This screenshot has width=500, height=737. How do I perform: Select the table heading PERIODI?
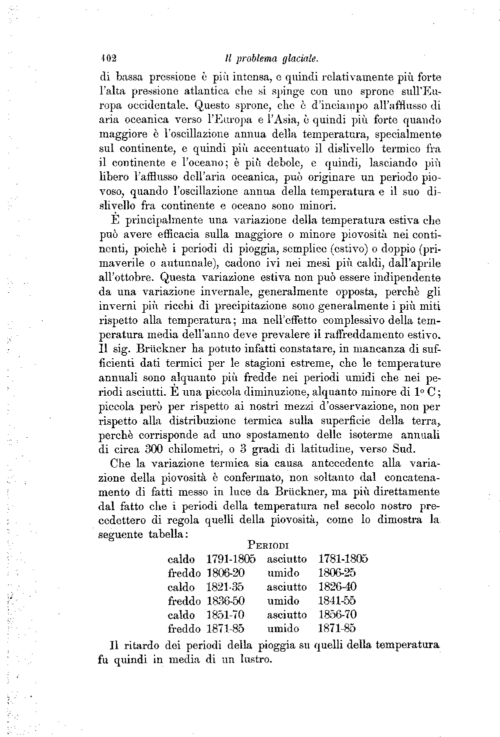(269, 545)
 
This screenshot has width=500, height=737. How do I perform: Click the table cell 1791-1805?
(231, 559)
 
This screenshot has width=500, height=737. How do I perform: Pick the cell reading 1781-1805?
(343, 559)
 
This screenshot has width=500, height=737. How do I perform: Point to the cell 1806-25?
(336, 573)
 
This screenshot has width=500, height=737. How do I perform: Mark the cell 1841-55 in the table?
(337, 601)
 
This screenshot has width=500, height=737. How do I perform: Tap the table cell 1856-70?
(337, 615)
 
